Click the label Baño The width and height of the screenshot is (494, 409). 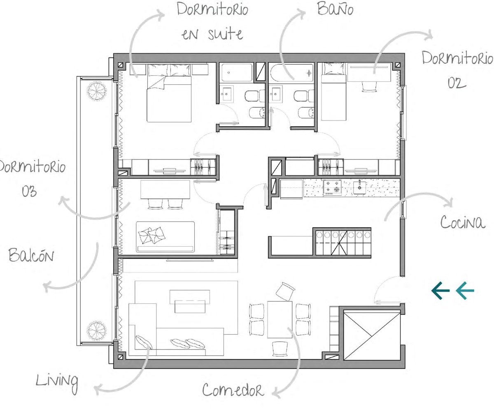[335, 9]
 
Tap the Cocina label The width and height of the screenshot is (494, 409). [463, 222]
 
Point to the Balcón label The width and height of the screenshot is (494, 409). [31, 255]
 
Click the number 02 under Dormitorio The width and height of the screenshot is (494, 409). [457, 83]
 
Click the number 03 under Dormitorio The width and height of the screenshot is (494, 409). [29, 191]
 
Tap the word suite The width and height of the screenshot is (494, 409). [226, 35]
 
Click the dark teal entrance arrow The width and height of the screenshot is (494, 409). [440, 291]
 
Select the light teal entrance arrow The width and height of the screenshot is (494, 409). [465, 291]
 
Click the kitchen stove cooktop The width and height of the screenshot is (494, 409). [332, 187]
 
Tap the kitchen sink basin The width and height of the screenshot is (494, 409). [359, 187]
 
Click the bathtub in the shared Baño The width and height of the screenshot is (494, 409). [291, 72]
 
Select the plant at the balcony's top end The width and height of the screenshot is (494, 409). [96, 91]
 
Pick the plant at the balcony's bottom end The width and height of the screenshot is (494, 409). [96, 330]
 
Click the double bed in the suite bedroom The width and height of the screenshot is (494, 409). [169, 93]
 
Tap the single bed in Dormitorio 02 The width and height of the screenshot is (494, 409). [333, 92]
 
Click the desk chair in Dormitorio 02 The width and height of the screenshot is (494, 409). [369, 86]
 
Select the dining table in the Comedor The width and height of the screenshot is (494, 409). [280, 319]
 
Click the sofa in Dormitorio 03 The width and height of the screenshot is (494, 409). [165, 237]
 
